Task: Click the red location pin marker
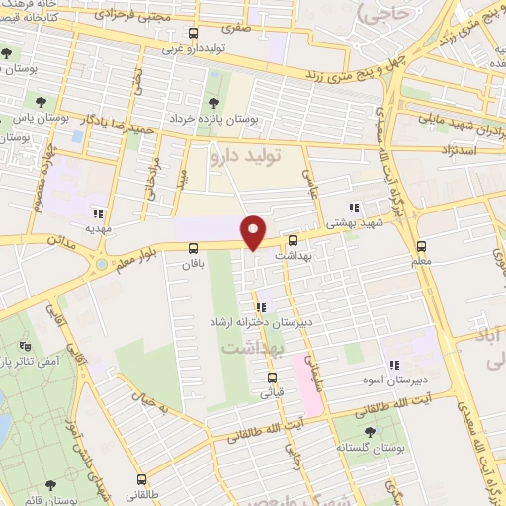(x=254, y=231)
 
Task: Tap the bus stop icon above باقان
(x=192, y=248)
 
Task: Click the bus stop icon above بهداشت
(x=293, y=240)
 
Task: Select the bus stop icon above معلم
(x=422, y=245)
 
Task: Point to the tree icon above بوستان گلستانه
(x=370, y=431)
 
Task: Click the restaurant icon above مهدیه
(x=97, y=211)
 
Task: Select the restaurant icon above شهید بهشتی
(x=353, y=208)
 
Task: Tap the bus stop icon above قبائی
(x=273, y=378)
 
